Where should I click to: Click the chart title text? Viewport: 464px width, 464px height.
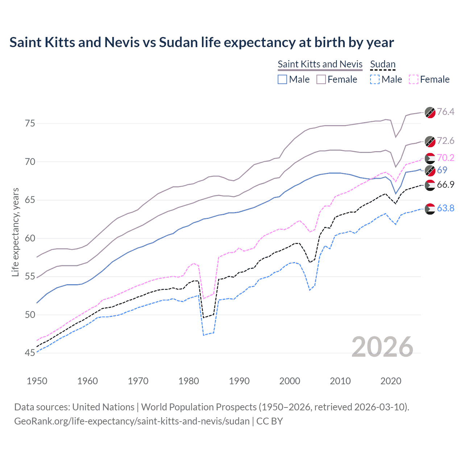click(x=202, y=42)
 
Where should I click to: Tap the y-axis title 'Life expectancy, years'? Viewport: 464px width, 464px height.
click(x=15, y=232)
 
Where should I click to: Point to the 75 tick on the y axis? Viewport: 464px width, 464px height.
click(x=30, y=124)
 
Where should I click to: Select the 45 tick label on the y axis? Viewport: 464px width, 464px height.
click(x=30, y=353)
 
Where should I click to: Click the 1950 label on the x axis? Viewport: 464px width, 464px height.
click(x=37, y=381)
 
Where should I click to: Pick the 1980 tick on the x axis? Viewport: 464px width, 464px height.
click(x=188, y=381)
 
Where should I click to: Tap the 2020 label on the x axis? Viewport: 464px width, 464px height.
click(x=390, y=381)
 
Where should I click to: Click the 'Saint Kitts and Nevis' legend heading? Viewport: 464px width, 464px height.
click(x=320, y=64)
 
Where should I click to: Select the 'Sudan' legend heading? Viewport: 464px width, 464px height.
click(x=382, y=64)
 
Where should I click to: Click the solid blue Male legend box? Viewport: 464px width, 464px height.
click(x=282, y=79)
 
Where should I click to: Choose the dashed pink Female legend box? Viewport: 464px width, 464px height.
click(x=413, y=79)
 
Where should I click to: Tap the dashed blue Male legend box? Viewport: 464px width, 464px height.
click(x=375, y=79)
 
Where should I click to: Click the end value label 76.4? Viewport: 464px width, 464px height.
click(x=446, y=112)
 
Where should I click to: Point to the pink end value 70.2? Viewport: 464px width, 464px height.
click(x=446, y=158)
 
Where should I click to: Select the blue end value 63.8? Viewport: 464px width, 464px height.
click(x=446, y=208)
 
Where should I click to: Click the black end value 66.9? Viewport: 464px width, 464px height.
click(x=446, y=185)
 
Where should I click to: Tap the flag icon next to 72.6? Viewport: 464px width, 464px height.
click(x=430, y=141)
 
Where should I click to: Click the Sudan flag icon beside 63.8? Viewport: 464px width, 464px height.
click(x=430, y=209)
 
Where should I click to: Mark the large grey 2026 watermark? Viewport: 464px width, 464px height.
click(x=382, y=347)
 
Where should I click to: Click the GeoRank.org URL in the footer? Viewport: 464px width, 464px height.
click(x=132, y=421)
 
